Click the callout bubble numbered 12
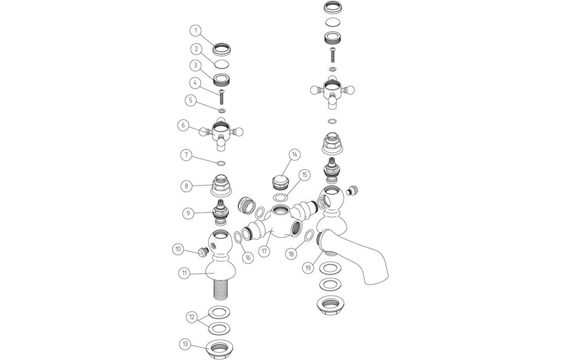192,318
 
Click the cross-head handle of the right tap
332,91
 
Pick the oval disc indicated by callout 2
222,64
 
